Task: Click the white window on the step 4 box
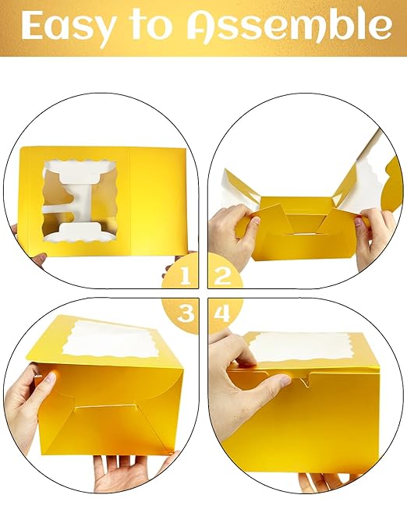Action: [x=312, y=347]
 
